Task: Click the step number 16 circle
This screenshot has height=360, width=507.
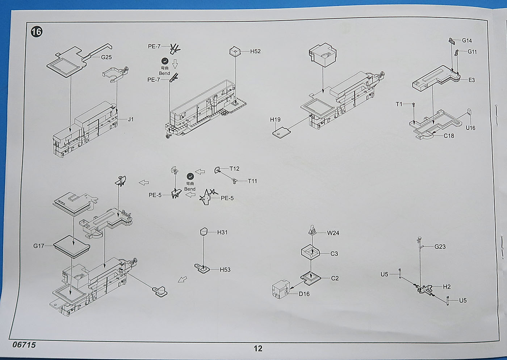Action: coord(36,31)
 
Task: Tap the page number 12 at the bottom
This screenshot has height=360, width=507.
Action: coord(257,348)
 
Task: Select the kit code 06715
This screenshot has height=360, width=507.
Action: coord(24,345)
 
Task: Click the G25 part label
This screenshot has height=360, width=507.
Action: coord(106,57)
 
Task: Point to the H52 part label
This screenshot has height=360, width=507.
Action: coord(255,51)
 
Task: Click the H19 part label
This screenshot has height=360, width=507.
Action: coord(275,119)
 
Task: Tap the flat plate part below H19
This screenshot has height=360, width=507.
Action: coord(282,132)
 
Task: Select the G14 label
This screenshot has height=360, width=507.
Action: coord(467,41)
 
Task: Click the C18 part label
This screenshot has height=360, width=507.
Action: coord(449,136)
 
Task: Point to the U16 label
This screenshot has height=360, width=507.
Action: coord(470,128)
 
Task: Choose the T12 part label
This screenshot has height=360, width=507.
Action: coord(234,169)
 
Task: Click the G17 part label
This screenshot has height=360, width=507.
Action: coord(38,246)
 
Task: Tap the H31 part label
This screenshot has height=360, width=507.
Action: coord(222,232)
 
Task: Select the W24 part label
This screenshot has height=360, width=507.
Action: coord(333,233)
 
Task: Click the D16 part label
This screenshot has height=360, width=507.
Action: coord(304,294)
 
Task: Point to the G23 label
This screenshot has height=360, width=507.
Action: coord(440,247)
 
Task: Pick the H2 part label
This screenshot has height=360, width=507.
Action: coord(447,287)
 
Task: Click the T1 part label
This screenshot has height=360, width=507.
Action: coord(399,104)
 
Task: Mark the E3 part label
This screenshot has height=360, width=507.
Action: coord(472,80)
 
